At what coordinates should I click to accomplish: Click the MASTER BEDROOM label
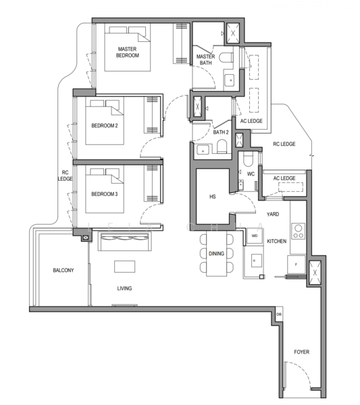pyautogui.click(x=128, y=52)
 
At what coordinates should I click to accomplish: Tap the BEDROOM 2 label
pyautogui.click(x=105, y=125)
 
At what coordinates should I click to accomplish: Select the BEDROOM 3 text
pyautogui.click(x=105, y=194)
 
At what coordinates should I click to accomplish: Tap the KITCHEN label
pyautogui.click(x=277, y=241)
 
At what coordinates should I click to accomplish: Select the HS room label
pyautogui.click(x=212, y=196)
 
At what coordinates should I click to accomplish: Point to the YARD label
pyautogui.click(x=273, y=214)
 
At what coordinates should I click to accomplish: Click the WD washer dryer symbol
pyautogui.click(x=255, y=236)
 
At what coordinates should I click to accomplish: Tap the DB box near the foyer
pyautogui.click(x=279, y=315)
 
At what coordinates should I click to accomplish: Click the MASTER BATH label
pyautogui.click(x=205, y=59)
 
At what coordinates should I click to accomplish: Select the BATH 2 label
pyautogui.click(x=222, y=132)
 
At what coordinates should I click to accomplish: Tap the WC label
pyautogui.click(x=250, y=173)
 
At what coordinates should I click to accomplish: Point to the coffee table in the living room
pyautogui.click(x=125, y=266)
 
